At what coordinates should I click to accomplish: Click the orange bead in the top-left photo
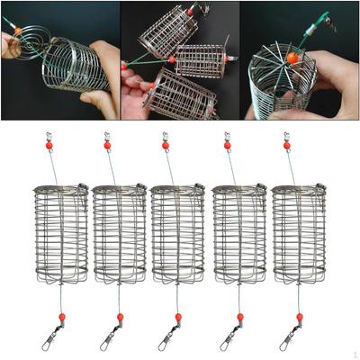(x=16, y=31)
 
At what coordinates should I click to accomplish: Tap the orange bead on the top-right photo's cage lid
(x=292, y=57)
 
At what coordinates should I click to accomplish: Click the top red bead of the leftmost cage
(x=49, y=145)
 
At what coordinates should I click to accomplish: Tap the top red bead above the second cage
(x=107, y=145)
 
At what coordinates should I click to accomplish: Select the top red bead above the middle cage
(x=166, y=145)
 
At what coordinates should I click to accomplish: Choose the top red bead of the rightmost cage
(x=287, y=145)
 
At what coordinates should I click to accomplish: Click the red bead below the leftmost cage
(x=62, y=317)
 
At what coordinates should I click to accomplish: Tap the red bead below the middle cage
(x=178, y=317)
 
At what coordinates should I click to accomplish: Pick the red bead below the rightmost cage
(x=299, y=317)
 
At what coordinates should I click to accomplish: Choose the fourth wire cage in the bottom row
(x=238, y=234)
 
